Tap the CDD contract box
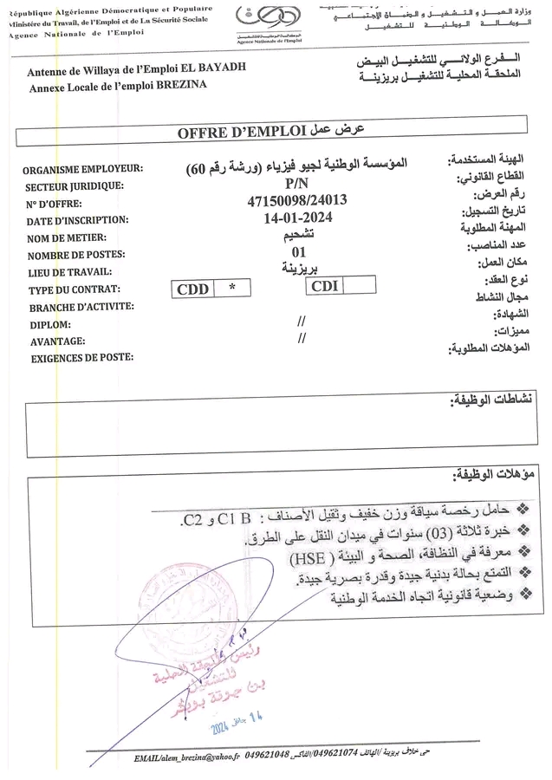coord(192,289)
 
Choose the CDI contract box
coord(324,286)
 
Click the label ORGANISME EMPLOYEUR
coord(85,169)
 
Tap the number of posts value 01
coord(300,252)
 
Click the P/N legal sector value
coord(296,185)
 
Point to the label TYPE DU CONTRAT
coord(74,289)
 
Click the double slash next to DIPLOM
coord(302,322)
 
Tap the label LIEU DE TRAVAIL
coord(72,272)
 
